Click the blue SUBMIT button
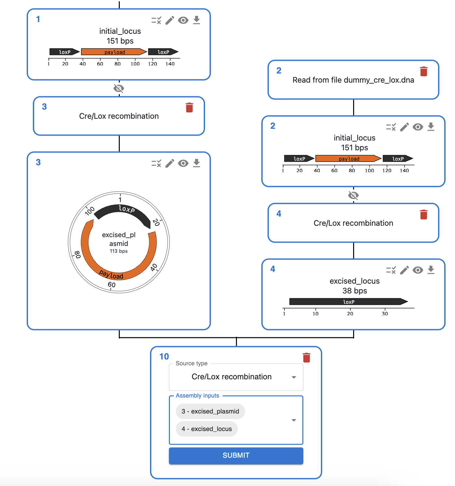[236, 455]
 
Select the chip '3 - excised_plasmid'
[210, 411]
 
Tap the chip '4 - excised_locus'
[207, 429]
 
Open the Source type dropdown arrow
[294, 377]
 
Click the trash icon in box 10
[306, 358]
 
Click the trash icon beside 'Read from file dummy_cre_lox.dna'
[423, 71]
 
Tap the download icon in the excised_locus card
[431, 270]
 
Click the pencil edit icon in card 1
[170, 20]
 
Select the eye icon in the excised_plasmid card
[183, 163]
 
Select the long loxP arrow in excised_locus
[348, 302]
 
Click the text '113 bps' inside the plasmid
[118, 251]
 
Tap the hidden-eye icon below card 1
[119, 88]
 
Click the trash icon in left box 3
[189, 107]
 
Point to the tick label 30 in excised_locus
[385, 314]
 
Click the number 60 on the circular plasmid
[112, 285]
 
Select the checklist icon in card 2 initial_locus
[391, 127]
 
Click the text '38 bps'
[354, 291]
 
